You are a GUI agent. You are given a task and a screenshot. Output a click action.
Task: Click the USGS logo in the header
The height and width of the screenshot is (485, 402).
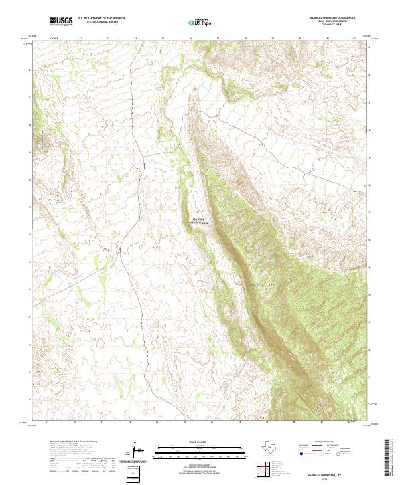62,22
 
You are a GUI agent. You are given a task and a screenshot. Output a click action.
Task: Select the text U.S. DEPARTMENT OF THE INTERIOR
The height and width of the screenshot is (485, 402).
101,19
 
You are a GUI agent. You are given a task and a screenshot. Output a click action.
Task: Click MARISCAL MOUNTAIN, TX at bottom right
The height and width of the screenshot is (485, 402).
325,473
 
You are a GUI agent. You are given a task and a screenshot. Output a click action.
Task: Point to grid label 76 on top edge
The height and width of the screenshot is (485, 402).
190,39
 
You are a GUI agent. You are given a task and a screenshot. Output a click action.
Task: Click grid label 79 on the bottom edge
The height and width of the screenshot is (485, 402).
267,423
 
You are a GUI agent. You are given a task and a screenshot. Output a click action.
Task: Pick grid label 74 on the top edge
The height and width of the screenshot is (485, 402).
135,39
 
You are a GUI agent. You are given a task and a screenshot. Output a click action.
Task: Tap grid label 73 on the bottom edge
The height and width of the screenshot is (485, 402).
102,423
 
